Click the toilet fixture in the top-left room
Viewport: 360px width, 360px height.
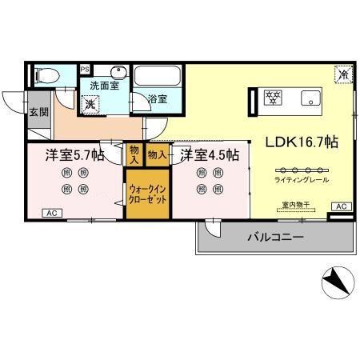coord(46,77)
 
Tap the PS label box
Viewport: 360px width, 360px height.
coord(86,70)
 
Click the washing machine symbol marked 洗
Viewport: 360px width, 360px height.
coord(92,103)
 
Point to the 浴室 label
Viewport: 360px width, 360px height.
coord(158,99)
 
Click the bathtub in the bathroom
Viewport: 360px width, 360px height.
coord(158,78)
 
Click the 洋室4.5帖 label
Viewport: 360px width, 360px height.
coord(210,154)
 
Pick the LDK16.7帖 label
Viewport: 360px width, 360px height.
coord(301,142)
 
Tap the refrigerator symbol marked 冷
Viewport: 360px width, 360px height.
coord(342,75)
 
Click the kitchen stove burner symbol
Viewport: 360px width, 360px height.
coord(274,98)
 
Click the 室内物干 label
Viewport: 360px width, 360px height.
coord(295,206)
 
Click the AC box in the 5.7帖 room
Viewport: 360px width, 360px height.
coord(51,213)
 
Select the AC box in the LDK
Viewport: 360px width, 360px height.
coord(341,206)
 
